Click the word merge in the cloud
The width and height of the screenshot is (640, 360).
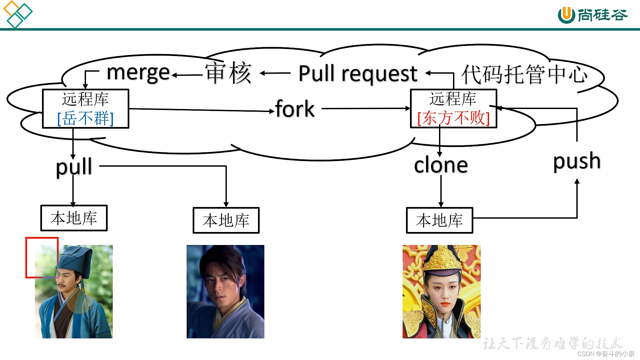click(x=138, y=73)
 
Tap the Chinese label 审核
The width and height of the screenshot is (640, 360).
click(x=228, y=73)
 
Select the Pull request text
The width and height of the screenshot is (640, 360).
click(x=358, y=73)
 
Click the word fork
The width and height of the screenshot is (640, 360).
click(x=295, y=109)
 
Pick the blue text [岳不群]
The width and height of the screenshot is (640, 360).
click(x=86, y=118)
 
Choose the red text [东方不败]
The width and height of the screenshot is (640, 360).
click(x=453, y=118)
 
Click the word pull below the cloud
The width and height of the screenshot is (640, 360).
click(x=74, y=166)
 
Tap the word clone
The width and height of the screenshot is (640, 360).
click(x=441, y=165)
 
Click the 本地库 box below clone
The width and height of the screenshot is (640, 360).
click(x=439, y=220)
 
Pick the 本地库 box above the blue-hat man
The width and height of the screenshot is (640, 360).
click(x=74, y=218)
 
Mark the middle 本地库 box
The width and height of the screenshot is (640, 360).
click(x=226, y=220)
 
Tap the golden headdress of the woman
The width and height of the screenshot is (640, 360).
click(x=442, y=260)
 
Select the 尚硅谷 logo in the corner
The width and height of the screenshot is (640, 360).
click(x=593, y=15)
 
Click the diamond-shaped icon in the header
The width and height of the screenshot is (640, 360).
click(x=18, y=14)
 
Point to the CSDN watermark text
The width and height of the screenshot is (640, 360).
click(x=606, y=354)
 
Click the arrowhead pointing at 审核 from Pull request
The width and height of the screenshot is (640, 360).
click(x=263, y=73)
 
